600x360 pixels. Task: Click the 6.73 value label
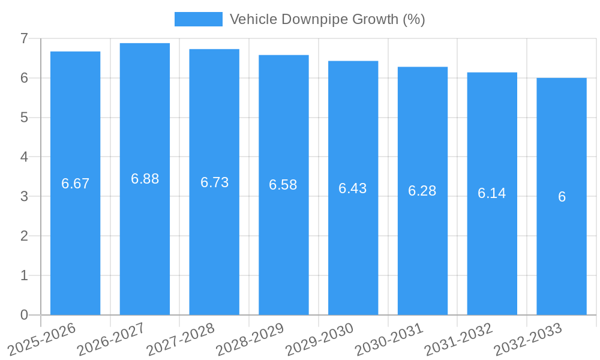click(x=214, y=182)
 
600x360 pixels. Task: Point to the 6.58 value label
click(x=283, y=185)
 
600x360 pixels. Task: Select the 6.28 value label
click(x=422, y=191)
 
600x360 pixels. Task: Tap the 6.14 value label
click(x=492, y=193)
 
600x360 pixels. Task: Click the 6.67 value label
click(x=75, y=184)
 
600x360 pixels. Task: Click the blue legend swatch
click(x=198, y=19)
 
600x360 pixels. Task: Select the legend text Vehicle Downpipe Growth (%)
click(x=327, y=19)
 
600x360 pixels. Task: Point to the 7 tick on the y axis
click(x=24, y=38)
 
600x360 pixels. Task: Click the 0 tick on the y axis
click(x=24, y=315)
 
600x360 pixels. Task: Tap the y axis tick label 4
click(x=24, y=157)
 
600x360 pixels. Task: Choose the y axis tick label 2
click(x=24, y=236)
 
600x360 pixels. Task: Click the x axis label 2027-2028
click(x=181, y=339)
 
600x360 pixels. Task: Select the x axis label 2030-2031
click(x=389, y=339)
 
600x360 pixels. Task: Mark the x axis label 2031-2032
click(x=459, y=339)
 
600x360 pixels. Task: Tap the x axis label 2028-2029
click(x=250, y=339)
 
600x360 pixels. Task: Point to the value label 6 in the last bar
click(x=562, y=197)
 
